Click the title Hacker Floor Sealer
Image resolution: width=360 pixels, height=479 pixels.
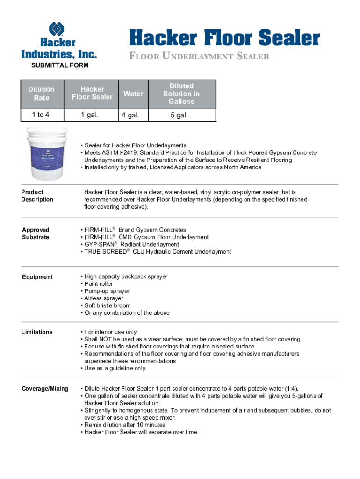(224, 38)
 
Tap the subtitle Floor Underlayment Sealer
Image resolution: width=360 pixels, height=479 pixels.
(199, 57)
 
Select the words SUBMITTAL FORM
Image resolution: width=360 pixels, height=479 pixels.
(59, 65)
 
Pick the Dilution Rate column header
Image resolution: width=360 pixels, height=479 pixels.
(41, 94)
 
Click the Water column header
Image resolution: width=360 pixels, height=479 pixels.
(133, 94)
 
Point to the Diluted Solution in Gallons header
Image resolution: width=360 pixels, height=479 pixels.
(181, 94)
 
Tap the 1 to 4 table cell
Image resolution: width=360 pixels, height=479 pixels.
(41, 115)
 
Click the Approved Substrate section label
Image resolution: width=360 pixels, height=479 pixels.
(36, 233)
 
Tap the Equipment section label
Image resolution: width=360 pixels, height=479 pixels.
(37, 277)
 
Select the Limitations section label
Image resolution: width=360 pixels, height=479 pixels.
(37, 332)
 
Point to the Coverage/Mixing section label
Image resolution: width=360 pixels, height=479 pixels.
(45, 389)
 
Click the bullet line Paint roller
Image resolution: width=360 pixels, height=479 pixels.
(98, 284)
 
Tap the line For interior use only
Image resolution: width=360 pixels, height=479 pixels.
(110, 332)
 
